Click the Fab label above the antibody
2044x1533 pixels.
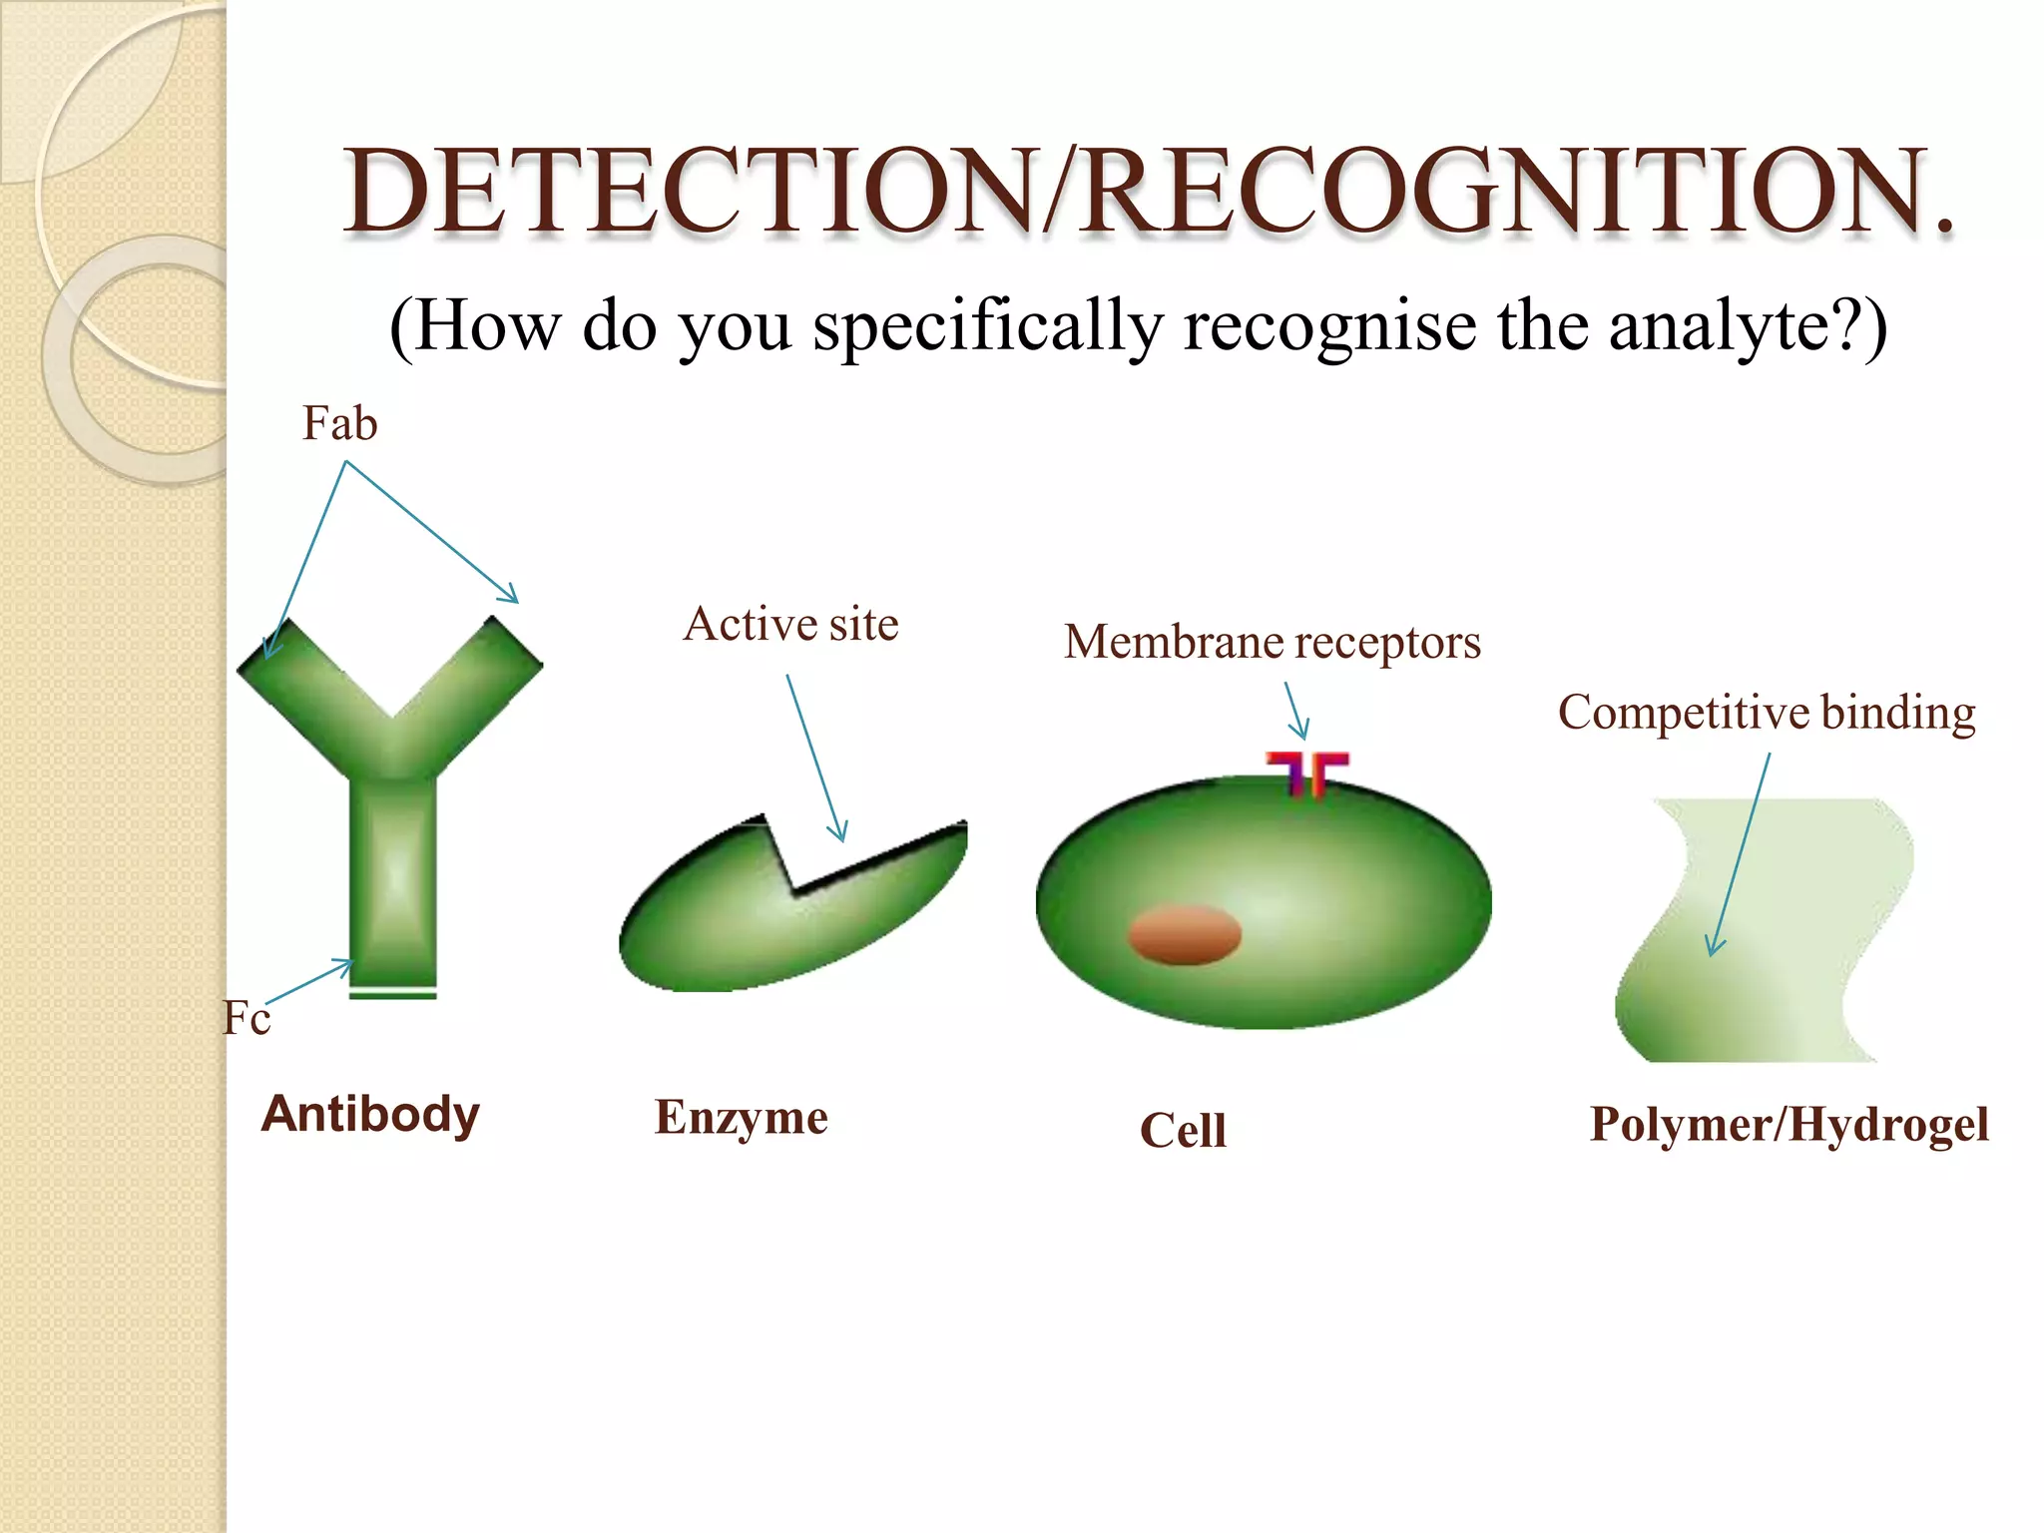(x=339, y=424)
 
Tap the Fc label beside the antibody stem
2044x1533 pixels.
(x=246, y=1019)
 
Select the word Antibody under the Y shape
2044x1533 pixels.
(x=370, y=1114)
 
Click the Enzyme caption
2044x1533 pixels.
(x=741, y=1118)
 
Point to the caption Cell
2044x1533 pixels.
(x=1183, y=1132)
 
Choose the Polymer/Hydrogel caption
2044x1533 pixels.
(x=1788, y=1125)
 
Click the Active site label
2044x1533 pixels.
(x=790, y=625)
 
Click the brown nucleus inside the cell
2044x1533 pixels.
(x=1185, y=935)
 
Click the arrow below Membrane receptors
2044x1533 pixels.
(x=1296, y=712)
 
